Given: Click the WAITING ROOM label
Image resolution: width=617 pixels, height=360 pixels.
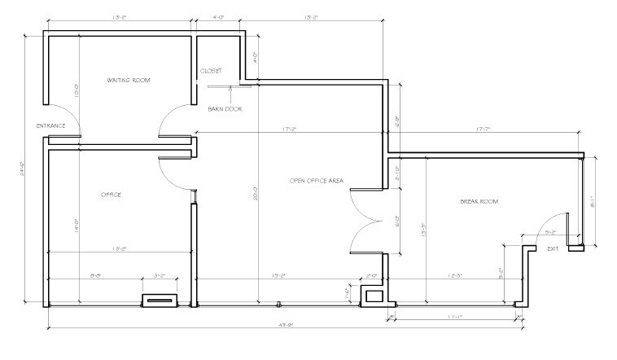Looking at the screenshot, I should (129, 81).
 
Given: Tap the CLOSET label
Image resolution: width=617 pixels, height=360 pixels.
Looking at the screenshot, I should (211, 71).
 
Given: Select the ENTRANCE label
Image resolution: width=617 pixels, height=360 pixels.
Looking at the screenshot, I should (50, 126).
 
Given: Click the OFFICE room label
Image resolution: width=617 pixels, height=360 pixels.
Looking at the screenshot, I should (111, 195).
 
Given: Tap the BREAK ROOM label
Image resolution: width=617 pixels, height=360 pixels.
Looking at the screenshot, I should (480, 200).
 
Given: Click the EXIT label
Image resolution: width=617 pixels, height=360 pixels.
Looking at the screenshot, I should (554, 248).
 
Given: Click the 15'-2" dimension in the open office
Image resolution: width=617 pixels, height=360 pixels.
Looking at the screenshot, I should (274, 276).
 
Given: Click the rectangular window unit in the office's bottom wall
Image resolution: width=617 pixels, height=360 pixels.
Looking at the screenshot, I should (160, 301).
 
